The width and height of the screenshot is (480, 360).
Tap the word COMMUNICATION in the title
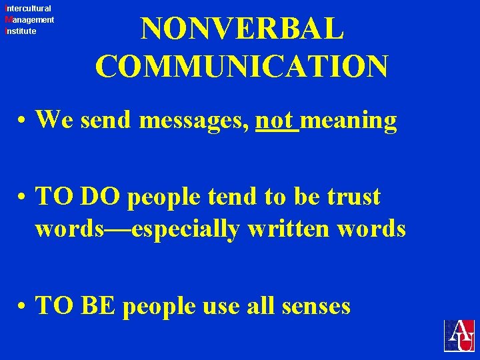point(242,67)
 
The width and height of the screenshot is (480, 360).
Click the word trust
point(351,197)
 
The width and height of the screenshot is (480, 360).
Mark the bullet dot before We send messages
point(23,123)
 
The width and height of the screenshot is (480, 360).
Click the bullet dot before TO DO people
point(23,199)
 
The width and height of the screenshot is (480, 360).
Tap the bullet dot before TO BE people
point(23,307)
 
